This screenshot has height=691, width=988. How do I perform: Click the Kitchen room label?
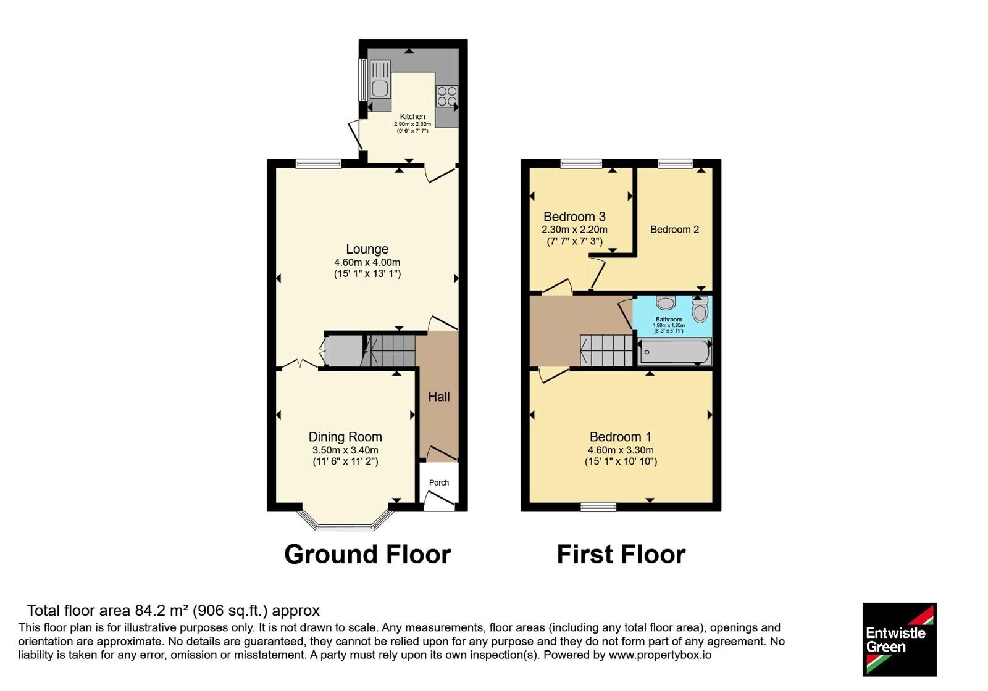pyautogui.click(x=412, y=117)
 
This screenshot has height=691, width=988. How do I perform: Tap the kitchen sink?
pyautogui.click(x=380, y=79)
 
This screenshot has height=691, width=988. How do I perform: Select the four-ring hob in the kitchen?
pyautogui.click(x=447, y=96)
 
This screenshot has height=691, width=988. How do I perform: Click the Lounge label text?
pyautogui.click(x=367, y=249)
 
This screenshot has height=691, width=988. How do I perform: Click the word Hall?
pyautogui.click(x=439, y=397)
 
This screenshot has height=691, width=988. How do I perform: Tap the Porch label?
pyautogui.click(x=439, y=482)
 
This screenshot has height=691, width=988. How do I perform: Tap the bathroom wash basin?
pyautogui.click(x=666, y=302)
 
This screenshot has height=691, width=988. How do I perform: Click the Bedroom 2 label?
pyautogui.click(x=674, y=229)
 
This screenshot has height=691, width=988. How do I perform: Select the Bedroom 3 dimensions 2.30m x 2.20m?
pyautogui.click(x=574, y=230)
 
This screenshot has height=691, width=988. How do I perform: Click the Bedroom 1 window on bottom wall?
pyautogui.click(x=598, y=507)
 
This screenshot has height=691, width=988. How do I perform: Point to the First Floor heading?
pyautogui.click(x=621, y=555)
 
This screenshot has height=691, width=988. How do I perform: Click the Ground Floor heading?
pyautogui.click(x=367, y=555)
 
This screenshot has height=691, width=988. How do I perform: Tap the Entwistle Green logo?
pyautogui.click(x=900, y=639)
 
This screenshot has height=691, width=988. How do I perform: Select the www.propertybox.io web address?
pyautogui.click(x=660, y=655)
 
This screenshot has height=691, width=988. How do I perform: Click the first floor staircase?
pyautogui.click(x=606, y=351)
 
